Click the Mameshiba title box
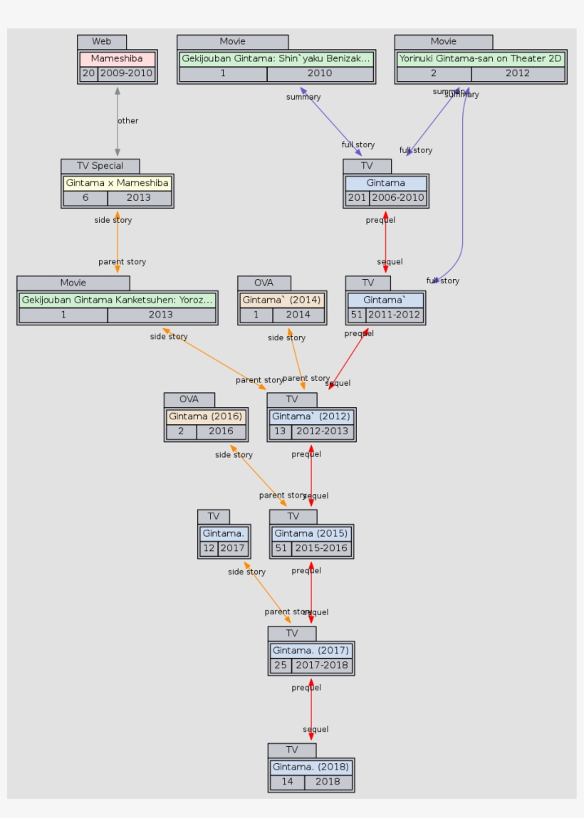(117, 58)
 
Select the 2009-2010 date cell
(126, 73)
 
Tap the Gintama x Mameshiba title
(117, 183)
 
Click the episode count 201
(357, 198)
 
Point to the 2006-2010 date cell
(397, 198)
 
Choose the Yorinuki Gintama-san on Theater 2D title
(480, 58)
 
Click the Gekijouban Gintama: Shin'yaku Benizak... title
(276, 58)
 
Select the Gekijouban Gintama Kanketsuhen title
(117, 300)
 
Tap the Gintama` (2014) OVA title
(281, 300)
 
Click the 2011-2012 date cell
(395, 315)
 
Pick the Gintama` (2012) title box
(311, 416)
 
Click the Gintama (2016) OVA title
(206, 416)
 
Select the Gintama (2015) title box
(311, 533)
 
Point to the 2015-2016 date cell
(320, 548)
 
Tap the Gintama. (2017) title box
(311, 650)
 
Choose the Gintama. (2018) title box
(311, 767)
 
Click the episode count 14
(287, 782)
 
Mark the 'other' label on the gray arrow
(128, 121)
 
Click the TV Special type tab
(100, 166)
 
